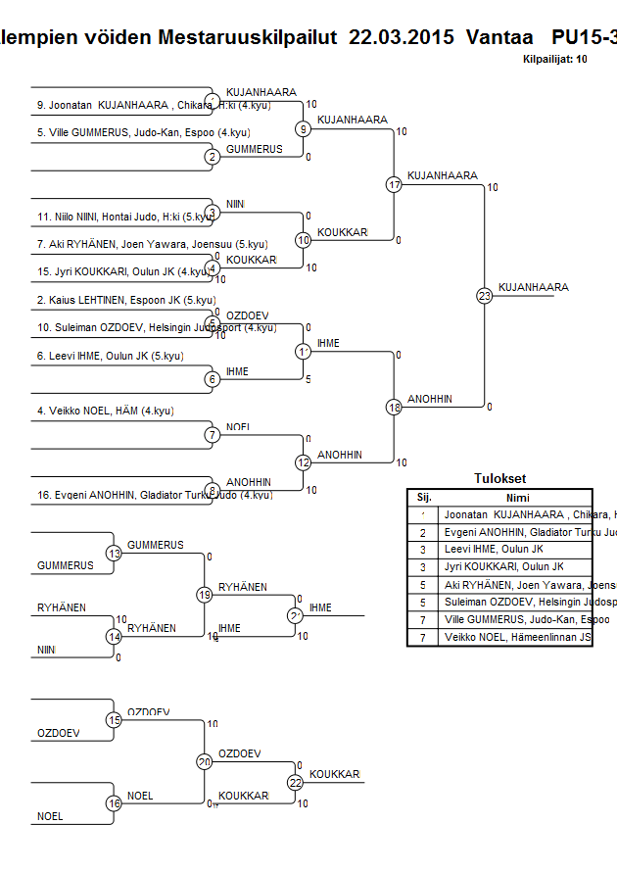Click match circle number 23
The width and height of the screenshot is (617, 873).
[x=484, y=295]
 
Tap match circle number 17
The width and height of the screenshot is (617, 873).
[x=394, y=184]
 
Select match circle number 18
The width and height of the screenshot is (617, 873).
[x=394, y=407]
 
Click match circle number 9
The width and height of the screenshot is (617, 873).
[x=304, y=128]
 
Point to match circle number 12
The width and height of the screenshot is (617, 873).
[x=304, y=462]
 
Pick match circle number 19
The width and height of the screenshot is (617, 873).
[x=205, y=595]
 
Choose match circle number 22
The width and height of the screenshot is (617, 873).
[x=295, y=782]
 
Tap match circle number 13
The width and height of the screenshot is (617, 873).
[x=115, y=554]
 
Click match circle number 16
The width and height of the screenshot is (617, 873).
[x=115, y=803]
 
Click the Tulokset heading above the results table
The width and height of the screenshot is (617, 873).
[x=499, y=479]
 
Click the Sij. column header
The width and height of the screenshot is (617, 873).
[x=424, y=497]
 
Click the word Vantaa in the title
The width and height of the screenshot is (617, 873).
[x=500, y=37]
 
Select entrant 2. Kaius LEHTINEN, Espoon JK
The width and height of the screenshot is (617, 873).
[x=126, y=300]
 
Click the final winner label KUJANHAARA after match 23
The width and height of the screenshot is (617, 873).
[x=533, y=287]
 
